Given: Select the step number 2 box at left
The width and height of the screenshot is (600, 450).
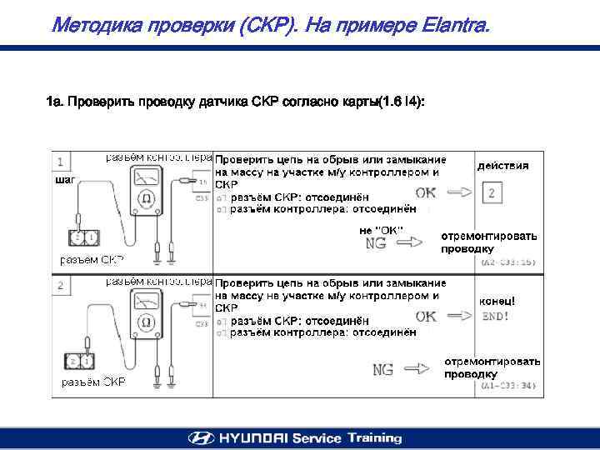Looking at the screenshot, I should (61, 286).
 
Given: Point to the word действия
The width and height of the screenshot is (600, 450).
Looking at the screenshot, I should (502, 166).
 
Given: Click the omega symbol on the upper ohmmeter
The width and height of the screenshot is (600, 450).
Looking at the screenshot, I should (146, 198).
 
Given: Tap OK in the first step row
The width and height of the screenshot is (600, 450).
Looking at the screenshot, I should (425, 192).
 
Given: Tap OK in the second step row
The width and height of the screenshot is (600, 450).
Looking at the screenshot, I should (425, 317).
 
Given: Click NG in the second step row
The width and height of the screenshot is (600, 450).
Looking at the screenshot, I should (382, 369).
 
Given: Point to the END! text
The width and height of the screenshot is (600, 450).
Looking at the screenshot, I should (495, 317).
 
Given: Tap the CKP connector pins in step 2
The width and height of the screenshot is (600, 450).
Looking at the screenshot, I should (81, 362).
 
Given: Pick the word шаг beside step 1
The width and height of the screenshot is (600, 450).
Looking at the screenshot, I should (63, 179).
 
